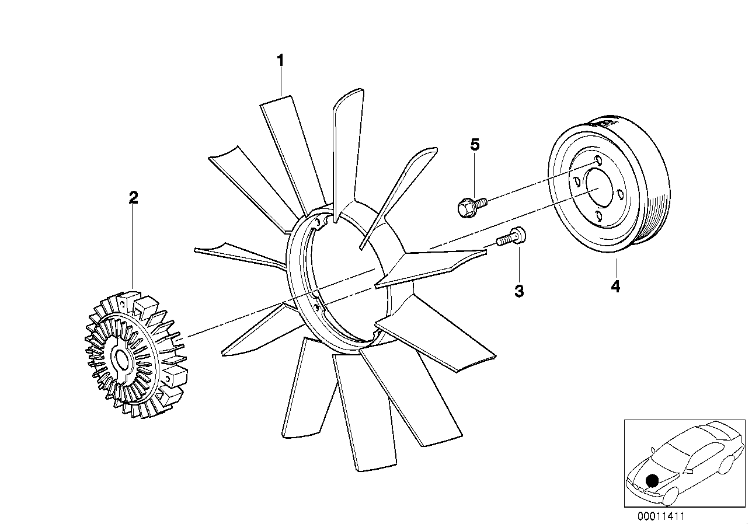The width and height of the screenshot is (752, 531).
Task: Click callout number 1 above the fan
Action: [280, 61]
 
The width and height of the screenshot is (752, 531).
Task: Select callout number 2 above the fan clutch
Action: [133, 198]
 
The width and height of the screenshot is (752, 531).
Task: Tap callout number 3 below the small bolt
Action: [519, 291]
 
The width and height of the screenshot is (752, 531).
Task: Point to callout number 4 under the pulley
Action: [615, 287]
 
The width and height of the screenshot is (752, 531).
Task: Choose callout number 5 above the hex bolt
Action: [475, 145]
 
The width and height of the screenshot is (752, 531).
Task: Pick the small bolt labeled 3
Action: [511, 236]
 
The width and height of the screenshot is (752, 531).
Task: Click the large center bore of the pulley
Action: [598, 191]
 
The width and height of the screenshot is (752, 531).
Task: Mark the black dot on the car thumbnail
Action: [652, 480]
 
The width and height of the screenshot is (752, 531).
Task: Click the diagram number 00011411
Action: [661, 516]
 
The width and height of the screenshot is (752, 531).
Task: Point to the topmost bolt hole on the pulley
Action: [598, 160]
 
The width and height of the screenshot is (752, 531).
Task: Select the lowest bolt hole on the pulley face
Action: [598, 216]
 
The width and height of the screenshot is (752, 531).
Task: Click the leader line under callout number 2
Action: [133, 248]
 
